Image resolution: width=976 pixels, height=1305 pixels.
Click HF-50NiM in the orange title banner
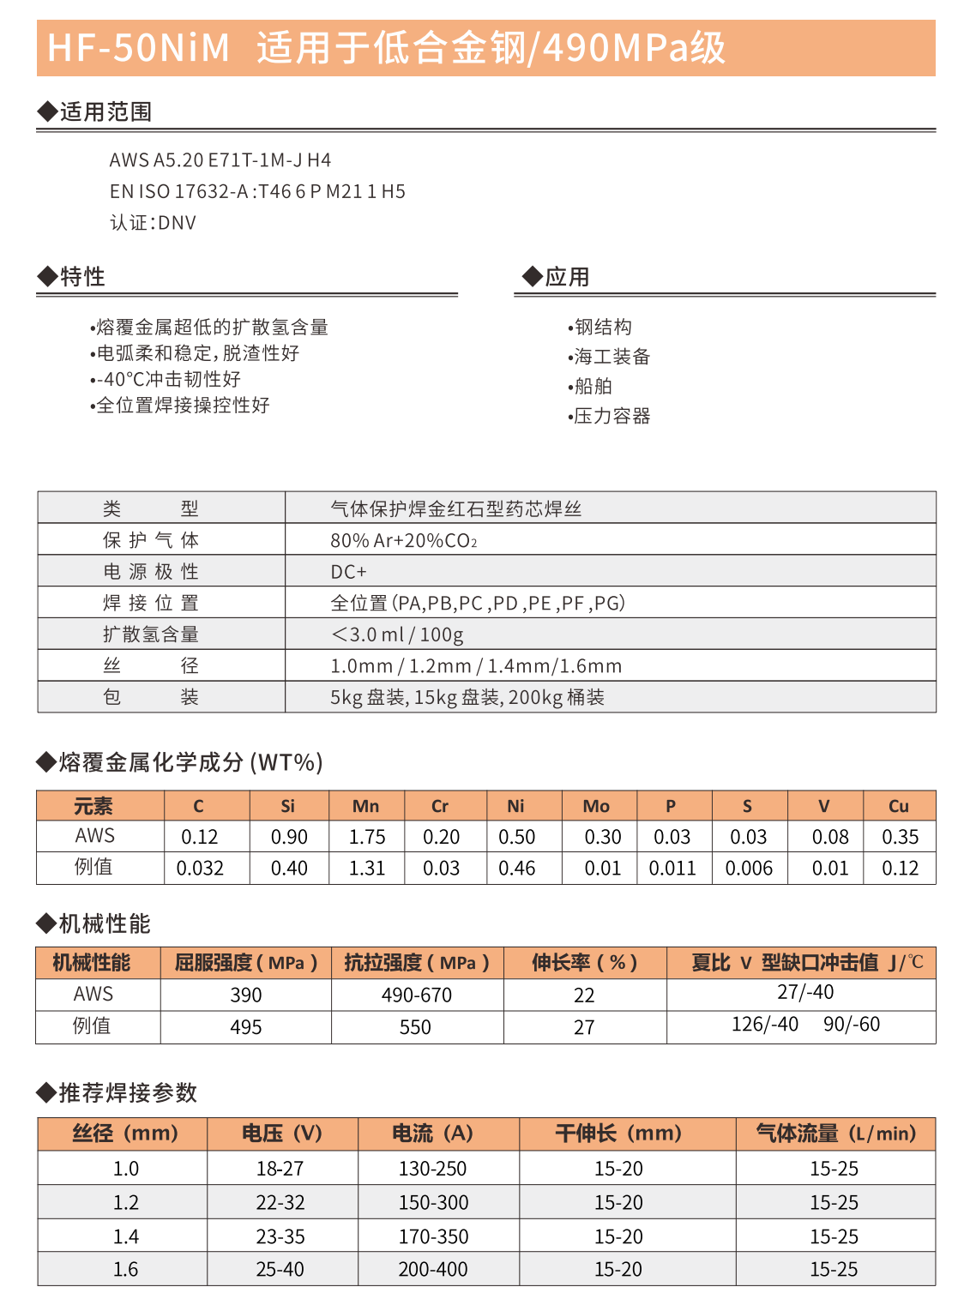[138, 48]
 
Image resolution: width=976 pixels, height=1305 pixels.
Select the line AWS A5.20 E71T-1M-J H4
[220, 160]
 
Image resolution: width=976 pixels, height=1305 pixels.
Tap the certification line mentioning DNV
[153, 223]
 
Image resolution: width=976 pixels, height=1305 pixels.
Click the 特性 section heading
[82, 277]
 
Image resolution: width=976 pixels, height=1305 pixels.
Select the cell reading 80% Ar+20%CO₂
[403, 541]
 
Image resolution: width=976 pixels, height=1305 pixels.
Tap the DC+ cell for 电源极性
[348, 572]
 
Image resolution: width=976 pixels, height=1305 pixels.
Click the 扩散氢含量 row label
[151, 634]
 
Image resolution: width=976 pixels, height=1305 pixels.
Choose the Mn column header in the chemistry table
[365, 806]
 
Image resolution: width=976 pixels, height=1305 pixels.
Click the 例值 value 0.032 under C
[200, 869]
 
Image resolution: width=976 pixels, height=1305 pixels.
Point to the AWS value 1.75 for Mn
[367, 837]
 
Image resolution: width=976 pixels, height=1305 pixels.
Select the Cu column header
[898, 806]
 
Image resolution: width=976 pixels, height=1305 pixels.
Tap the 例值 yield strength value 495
[246, 1027]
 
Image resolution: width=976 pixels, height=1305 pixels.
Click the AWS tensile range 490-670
[417, 995]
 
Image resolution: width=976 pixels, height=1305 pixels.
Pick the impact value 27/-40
[805, 992]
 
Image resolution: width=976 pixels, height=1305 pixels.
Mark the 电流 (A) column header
[432, 1134]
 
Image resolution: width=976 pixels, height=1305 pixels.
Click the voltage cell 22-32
[280, 1203]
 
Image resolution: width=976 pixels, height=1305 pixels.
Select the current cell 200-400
[433, 1269]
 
